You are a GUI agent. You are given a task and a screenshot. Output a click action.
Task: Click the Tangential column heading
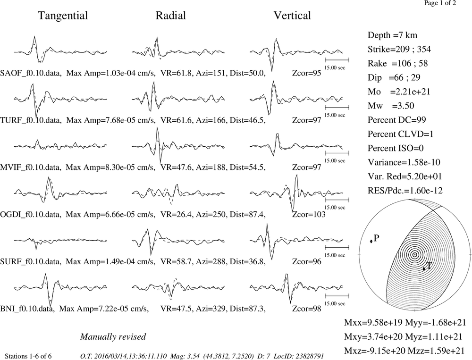63,16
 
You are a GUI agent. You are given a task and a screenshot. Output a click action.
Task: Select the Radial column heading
171,16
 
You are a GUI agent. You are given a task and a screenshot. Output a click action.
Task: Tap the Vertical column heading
292,16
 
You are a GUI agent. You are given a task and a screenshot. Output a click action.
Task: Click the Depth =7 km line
392,35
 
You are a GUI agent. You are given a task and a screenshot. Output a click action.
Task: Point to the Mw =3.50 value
391,106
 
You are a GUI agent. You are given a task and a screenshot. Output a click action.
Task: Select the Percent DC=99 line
397,120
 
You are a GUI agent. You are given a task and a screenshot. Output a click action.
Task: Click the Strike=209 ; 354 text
399,50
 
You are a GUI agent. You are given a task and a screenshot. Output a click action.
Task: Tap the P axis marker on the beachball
371,241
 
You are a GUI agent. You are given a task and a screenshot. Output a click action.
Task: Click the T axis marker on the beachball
424,268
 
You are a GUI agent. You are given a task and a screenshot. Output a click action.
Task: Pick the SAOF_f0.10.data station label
31,73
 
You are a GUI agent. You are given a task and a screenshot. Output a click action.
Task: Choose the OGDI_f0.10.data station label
31,215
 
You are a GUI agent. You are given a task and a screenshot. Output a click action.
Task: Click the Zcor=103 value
309,214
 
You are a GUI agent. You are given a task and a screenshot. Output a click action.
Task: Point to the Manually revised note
113,336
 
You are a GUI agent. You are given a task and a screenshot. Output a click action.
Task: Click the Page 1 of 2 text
440,3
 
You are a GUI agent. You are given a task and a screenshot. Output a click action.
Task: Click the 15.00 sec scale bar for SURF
337,247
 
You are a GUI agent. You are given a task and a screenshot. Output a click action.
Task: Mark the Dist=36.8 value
247,261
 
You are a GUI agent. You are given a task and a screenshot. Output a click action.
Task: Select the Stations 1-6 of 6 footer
28,356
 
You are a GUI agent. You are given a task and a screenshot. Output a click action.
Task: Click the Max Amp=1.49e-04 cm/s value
110,261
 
